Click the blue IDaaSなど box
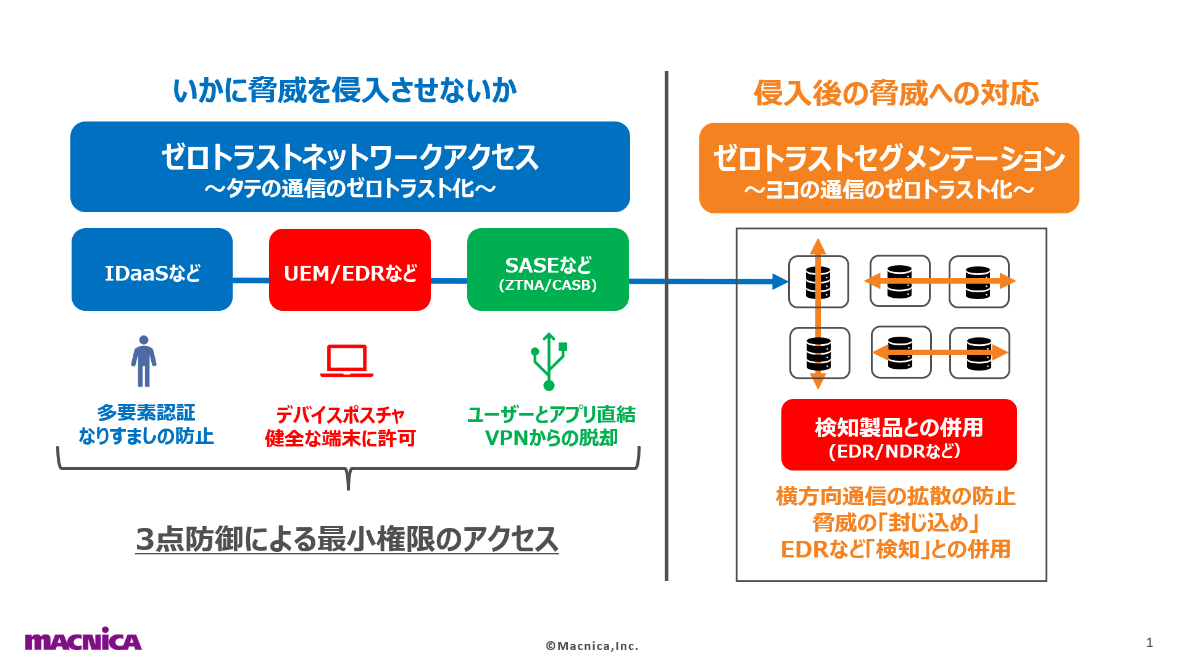[x=152, y=269]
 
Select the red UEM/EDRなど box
[x=349, y=269]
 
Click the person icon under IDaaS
[x=144, y=361]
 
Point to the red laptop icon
[x=346, y=361]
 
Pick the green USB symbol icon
[x=549, y=361]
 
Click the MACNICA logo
[x=83, y=639]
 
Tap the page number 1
[x=1149, y=643]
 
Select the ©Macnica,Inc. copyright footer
[x=592, y=646]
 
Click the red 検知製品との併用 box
[x=899, y=435]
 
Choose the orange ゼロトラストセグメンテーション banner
[x=889, y=168]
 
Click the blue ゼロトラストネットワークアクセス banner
[x=350, y=166]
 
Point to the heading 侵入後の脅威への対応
[x=896, y=94]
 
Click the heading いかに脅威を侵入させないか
[x=344, y=91]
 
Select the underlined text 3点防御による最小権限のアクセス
[x=347, y=540]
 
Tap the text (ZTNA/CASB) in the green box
[x=547, y=285]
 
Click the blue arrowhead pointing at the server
[x=780, y=282]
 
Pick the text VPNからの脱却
[x=551, y=438]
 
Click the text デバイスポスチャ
[x=340, y=414]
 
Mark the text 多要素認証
[x=146, y=413]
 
